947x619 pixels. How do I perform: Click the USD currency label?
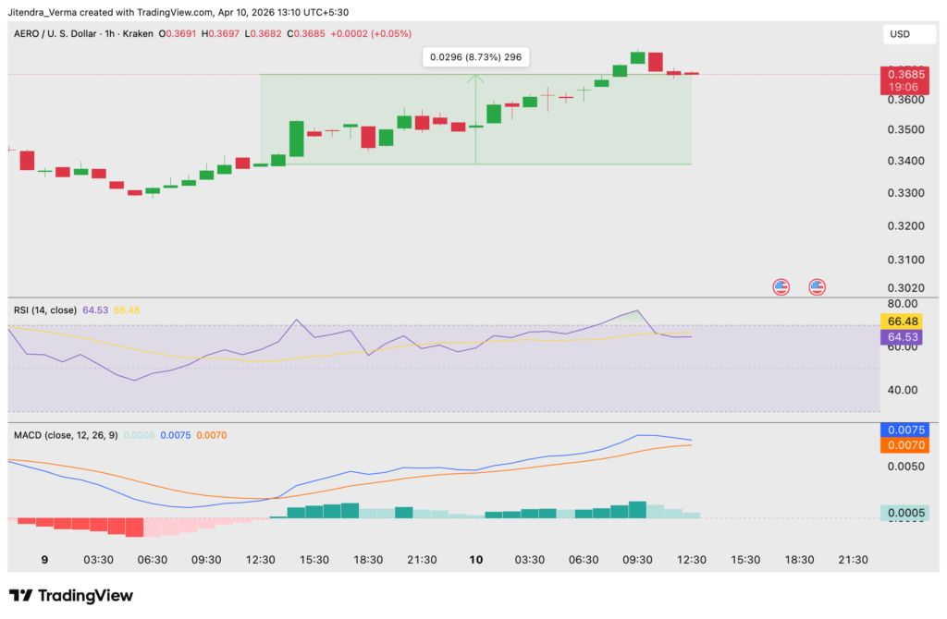coord(899,34)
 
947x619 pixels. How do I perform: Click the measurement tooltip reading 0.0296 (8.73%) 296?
coord(475,57)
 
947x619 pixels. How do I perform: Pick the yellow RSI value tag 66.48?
coord(902,321)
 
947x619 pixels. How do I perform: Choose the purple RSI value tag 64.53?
coord(902,337)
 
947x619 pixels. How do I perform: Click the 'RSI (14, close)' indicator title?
coord(45,309)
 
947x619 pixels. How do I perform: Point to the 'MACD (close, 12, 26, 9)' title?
coord(65,434)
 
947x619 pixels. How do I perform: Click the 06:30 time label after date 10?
coord(584,560)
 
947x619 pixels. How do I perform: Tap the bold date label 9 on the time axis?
coord(45,560)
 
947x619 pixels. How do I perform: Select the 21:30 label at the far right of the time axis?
coord(852,560)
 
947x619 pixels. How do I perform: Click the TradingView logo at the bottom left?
coord(72,595)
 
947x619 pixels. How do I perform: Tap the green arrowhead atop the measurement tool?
coord(475,78)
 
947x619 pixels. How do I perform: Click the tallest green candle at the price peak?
coord(637,57)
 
